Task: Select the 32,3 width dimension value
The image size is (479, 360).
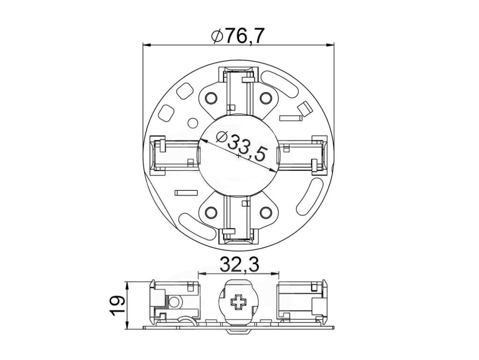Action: [239, 265]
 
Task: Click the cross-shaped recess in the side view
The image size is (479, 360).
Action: [239, 303]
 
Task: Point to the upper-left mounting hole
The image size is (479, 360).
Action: [211, 98]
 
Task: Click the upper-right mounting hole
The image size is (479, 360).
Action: [266, 98]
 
